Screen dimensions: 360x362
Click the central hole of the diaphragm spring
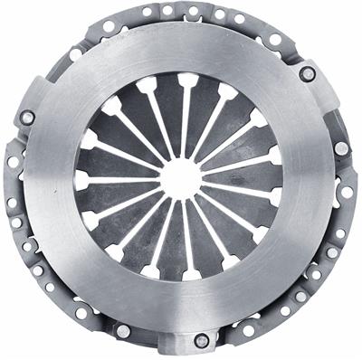click(x=180, y=177)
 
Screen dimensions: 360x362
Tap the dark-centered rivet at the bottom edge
click(x=202, y=341)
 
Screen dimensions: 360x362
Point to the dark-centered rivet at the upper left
click(x=27, y=118)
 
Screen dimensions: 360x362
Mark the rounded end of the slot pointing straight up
click(x=188, y=80)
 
